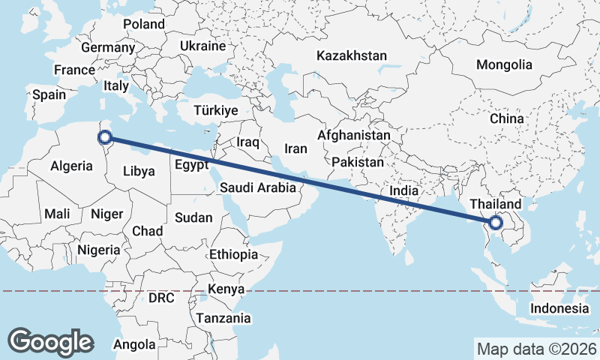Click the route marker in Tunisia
(x=105, y=136)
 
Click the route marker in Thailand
(x=496, y=222)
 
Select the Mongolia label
(x=504, y=64)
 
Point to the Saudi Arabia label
(x=258, y=189)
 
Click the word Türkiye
(x=215, y=110)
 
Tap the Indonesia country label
(x=559, y=308)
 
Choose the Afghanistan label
(x=353, y=136)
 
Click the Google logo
(x=50, y=341)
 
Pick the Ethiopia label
(x=233, y=254)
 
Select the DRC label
(x=161, y=298)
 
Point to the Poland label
(x=143, y=24)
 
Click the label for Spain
(x=49, y=95)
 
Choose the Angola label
(x=134, y=345)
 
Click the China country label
(x=506, y=118)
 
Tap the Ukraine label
(x=202, y=46)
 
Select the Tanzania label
(x=223, y=318)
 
